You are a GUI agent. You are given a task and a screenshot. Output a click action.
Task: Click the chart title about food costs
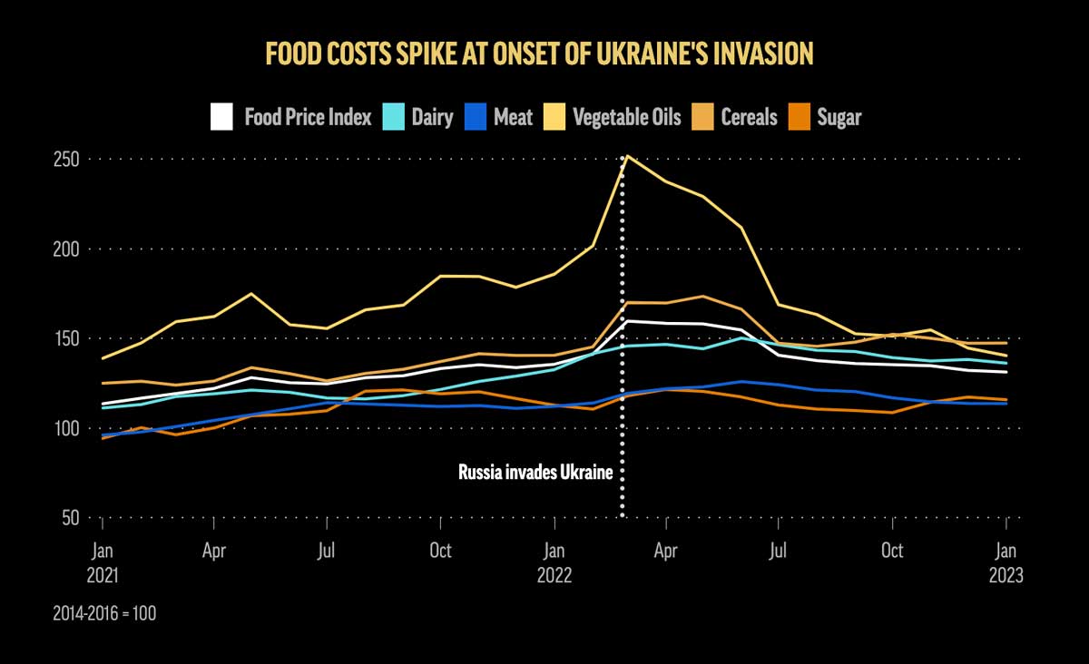click(x=539, y=54)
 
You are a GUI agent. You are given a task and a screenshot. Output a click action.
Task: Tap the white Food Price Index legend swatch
click(x=221, y=117)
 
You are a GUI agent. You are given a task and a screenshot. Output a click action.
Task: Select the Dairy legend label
click(x=432, y=117)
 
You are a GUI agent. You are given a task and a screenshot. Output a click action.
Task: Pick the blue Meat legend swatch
click(x=476, y=117)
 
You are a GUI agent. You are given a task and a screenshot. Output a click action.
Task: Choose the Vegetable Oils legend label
click(x=627, y=117)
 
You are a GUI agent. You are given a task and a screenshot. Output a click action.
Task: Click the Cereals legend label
click(x=749, y=117)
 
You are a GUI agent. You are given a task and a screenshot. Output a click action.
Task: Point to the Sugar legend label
click(x=839, y=117)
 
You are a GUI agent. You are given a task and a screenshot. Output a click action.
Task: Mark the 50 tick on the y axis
click(x=72, y=518)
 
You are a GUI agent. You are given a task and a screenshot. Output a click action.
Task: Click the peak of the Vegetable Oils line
click(x=624, y=156)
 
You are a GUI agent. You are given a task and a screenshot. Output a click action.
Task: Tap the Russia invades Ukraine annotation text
click(x=535, y=473)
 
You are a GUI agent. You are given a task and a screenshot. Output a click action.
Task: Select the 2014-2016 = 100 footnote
click(x=104, y=614)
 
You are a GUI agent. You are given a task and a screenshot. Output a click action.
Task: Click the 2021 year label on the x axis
click(x=103, y=575)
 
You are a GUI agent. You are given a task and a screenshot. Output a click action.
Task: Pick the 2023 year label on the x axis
click(x=1006, y=575)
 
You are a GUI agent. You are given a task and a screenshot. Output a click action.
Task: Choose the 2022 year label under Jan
click(x=554, y=575)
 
